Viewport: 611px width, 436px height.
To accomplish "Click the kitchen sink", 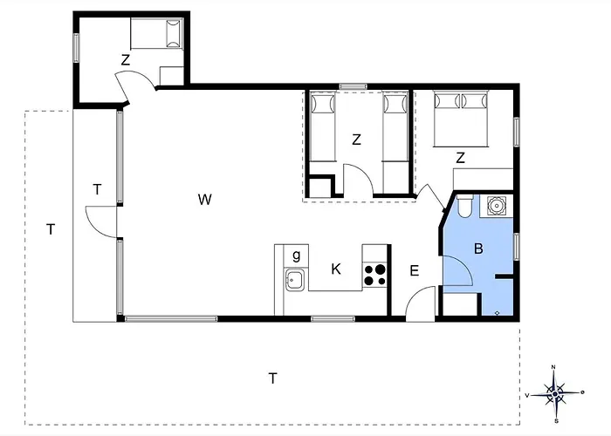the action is [x=295, y=279].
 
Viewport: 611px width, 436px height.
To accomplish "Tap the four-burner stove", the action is [x=374, y=275].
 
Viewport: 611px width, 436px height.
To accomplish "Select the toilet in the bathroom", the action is [x=464, y=207].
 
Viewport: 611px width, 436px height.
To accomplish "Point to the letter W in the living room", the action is [x=204, y=200].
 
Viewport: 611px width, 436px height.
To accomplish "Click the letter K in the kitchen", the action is [x=336, y=269].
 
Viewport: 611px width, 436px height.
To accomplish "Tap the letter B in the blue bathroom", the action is [x=478, y=249].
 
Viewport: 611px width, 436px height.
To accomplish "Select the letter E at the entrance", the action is [x=415, y=270].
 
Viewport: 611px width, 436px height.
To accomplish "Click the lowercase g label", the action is [x=297, y=255].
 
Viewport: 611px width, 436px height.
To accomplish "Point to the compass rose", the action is [x=555, y=394].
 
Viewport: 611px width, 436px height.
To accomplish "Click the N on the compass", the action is [x=553, y=367].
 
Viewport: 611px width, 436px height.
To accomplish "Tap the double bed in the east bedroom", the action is [x=461, y=119].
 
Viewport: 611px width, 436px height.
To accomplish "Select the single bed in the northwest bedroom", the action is [x=156, y=33].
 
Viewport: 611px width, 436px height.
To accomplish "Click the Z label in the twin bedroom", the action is [x=356, y=140].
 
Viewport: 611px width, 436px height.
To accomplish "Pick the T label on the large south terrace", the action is [x=273, y=378].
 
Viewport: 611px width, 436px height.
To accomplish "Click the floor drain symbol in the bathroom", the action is [x=498, y=312].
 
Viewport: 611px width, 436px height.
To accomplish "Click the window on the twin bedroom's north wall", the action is [x=353, y=86].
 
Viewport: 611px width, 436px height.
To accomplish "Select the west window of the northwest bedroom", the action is [x=77, y=48].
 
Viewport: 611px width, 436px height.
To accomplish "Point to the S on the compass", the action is [x=557, y=421].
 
